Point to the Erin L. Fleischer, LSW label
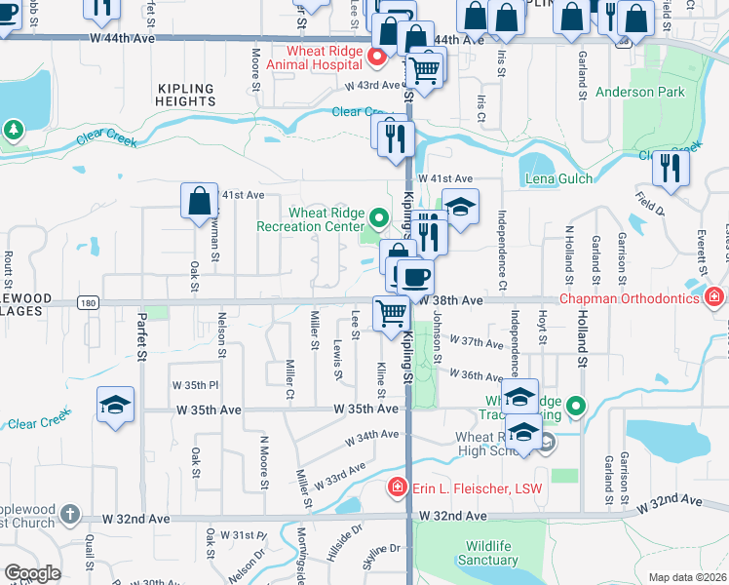pos(469,487)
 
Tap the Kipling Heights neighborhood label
pos(185,95)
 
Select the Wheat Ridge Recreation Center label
pos(310,220)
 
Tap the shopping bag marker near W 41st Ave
pos(199,201)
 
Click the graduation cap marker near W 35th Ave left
pos(116,405)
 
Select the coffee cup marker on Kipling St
pos(415,276)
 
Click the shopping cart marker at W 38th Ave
pos(392,313)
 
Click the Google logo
pos(33,573)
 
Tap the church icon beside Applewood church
pos(69,513)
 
